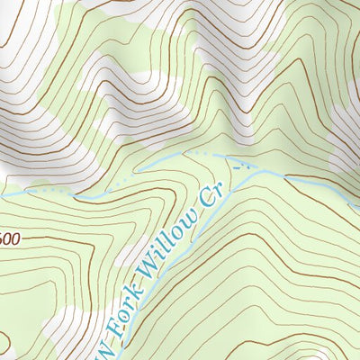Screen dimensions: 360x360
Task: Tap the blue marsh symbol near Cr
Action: tap(238, 164)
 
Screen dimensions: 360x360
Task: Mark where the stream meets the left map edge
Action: tap(1, 193)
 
